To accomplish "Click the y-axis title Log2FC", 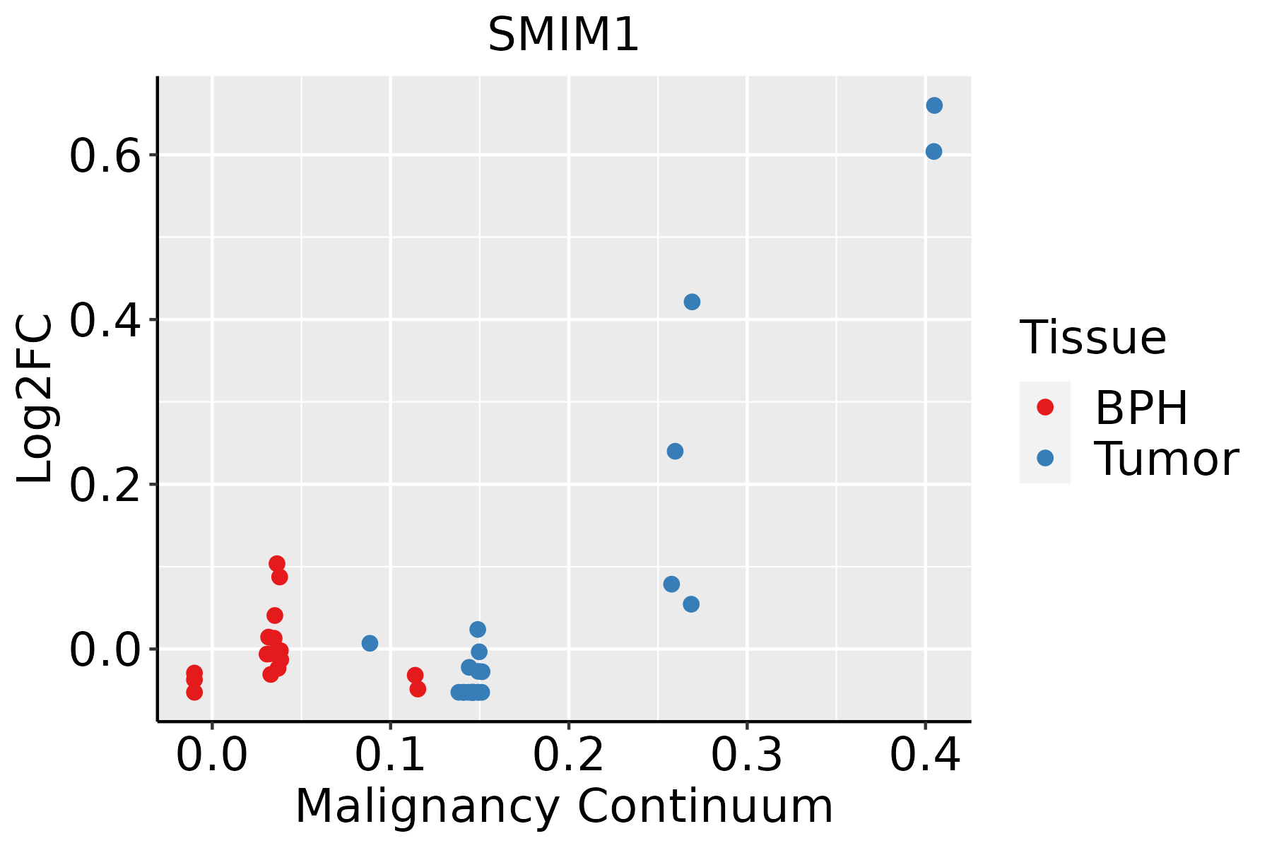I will [x=35, y=399].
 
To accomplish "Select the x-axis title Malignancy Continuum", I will [x=563, y=806].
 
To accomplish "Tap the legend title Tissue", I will [x=1093, y=338].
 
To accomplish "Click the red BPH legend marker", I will [x=1044, y=407].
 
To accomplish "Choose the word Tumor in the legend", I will [x=1166, y=459].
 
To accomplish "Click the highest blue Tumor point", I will [x=934, y=105].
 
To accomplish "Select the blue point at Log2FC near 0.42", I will [x=692, y=302].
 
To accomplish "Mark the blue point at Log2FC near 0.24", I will [x=675, y=451].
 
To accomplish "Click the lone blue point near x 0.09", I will [x=370, y=643].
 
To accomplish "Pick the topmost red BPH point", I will [x=277, y=563].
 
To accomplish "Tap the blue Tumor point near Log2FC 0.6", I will [x=934, y=151].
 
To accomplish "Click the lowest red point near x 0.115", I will [x=418, y=689].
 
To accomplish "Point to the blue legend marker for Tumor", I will [x=1044, y=458].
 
